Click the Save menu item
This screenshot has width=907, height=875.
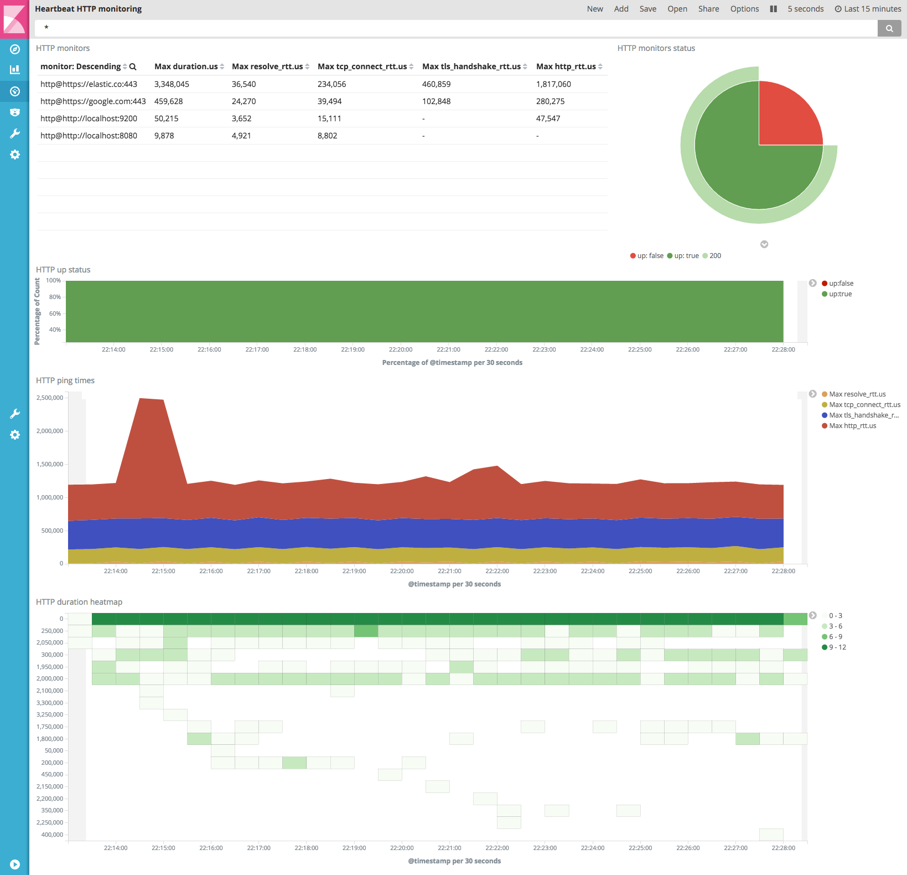click(x=647, y=9)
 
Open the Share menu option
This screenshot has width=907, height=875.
click(x=708, y=9)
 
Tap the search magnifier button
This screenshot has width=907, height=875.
click(x=889, y=28)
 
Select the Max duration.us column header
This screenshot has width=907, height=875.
click(x=186, y=66)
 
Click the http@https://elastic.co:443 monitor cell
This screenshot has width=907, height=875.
click(x=89, y=84)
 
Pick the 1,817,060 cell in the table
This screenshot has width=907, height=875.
click(x=553, y=84)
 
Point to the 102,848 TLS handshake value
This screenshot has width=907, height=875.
click(x=436, y=101)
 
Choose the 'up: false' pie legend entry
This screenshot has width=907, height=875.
click(x=647, y=256)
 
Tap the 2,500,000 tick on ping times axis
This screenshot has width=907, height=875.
click(x=50, y=398)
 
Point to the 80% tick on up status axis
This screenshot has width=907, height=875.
click(x=55, y=297)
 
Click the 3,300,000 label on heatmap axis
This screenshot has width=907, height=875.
click(x=50, y=703)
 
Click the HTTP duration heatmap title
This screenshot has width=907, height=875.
click(x=79, y=602)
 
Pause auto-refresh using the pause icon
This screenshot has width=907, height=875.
click(x=774, y=9)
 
